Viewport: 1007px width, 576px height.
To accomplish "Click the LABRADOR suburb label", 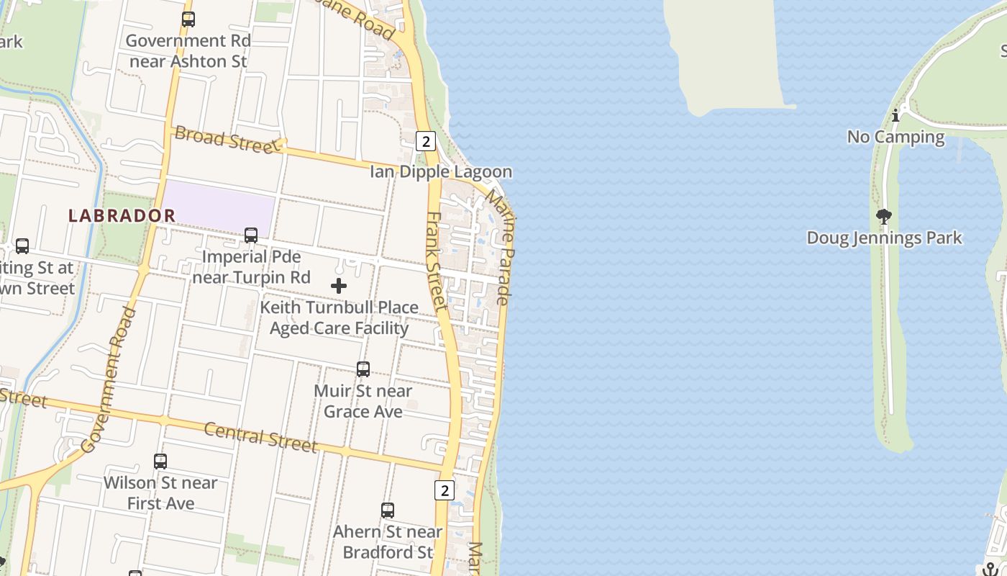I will pos(122,215).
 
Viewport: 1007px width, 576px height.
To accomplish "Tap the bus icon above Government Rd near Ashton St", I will pos(188,19).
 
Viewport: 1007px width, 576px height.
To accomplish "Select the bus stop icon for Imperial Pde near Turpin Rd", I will pos(251,235).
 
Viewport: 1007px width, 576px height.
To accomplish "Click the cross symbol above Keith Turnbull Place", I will pos(339,286).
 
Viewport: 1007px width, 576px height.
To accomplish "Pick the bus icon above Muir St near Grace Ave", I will pos(363,369).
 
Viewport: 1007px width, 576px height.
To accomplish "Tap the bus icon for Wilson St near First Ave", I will pos(160,461).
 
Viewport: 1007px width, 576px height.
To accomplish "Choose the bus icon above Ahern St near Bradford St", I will pos(388,510).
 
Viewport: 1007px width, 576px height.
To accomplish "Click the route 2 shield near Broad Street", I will pos(426,141).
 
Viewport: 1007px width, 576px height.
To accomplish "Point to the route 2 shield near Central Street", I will pos(445,490).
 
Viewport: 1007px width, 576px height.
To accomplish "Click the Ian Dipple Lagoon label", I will pos(441,172).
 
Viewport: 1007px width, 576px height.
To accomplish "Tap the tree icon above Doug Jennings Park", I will pos(884,216).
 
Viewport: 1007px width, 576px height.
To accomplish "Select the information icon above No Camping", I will pos(896,115).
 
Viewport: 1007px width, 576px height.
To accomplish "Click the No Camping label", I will pos(896,137).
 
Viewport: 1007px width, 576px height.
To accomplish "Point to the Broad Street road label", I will pos(226,140).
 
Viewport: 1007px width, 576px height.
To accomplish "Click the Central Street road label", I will pos(260,437).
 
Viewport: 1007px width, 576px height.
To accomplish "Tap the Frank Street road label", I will pos(437,261).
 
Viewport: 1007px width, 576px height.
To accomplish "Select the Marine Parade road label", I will pos(501,246).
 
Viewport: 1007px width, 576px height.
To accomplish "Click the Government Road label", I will pos(109,379).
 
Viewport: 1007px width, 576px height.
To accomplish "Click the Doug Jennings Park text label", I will pos(884,238).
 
